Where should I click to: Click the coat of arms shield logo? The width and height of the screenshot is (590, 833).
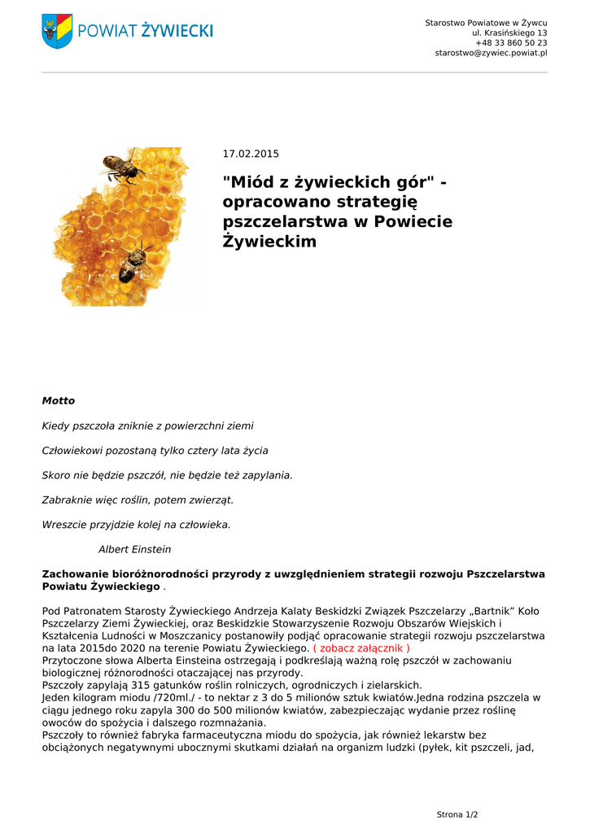(x=57, y=31)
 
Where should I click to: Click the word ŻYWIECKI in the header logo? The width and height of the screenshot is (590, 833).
(x=177, y=31)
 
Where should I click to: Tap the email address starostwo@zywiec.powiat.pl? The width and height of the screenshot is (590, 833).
(x=491, y=53)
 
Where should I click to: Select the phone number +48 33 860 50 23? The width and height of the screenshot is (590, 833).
(x=511, y=42)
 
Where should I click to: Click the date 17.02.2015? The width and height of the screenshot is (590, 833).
(x=251, y=154)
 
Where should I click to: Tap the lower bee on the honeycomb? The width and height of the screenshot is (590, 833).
(x=133, y=264)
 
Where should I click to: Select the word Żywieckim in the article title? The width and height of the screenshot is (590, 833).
(x=269, y=241)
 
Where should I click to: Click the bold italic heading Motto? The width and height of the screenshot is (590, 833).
(x=58, y=401)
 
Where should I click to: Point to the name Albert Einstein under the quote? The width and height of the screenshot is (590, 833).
(x=134, y=549)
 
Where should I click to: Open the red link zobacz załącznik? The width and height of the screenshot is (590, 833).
(x=361, y=648)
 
